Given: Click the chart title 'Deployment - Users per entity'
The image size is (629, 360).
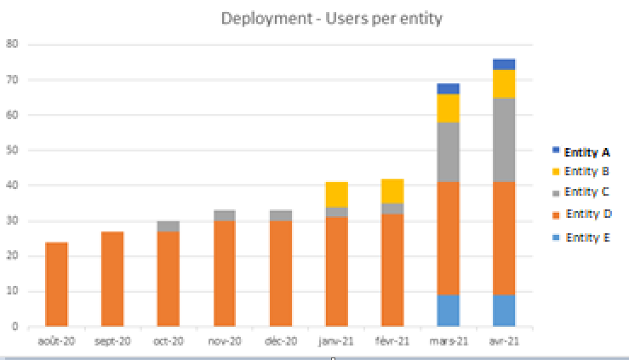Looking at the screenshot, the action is tap(332, 19).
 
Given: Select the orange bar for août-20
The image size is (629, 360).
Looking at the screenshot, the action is tap(56, 284).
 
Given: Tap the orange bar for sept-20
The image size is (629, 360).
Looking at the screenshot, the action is tap(112, 279).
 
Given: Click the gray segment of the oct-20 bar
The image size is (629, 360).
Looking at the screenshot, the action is tap(169, 226).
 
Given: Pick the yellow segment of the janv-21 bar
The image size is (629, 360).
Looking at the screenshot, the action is tap(336, 195).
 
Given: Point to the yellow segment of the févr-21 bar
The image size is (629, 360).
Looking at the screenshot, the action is tap(392, 191).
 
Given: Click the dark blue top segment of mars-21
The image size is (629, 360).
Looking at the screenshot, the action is tap(448, 89).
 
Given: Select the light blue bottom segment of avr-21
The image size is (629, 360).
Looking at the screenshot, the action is tap(504, 311).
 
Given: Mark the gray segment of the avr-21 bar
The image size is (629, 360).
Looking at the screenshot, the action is tap(504, 140).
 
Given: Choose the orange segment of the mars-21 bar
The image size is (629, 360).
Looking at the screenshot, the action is tap(448, 238).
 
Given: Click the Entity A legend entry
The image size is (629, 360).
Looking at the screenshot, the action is tap(581, 152).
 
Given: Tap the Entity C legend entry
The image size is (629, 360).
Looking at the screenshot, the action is tap(580, 192).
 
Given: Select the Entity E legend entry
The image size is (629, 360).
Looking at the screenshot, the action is tap(581, 237).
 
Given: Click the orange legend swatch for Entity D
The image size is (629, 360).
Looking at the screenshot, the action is tap(556, 215).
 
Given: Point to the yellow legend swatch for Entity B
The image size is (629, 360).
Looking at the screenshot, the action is tap(556, 172).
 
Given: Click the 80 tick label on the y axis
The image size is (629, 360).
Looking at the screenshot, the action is tap(12, 43).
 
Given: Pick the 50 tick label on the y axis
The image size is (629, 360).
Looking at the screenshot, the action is tap(12, 151).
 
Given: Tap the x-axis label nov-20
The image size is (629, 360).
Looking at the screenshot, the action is tap(225, 341).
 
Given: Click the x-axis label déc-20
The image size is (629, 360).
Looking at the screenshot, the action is tap(281, 341).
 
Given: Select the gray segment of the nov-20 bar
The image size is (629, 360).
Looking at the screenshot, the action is tap(225, 215).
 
